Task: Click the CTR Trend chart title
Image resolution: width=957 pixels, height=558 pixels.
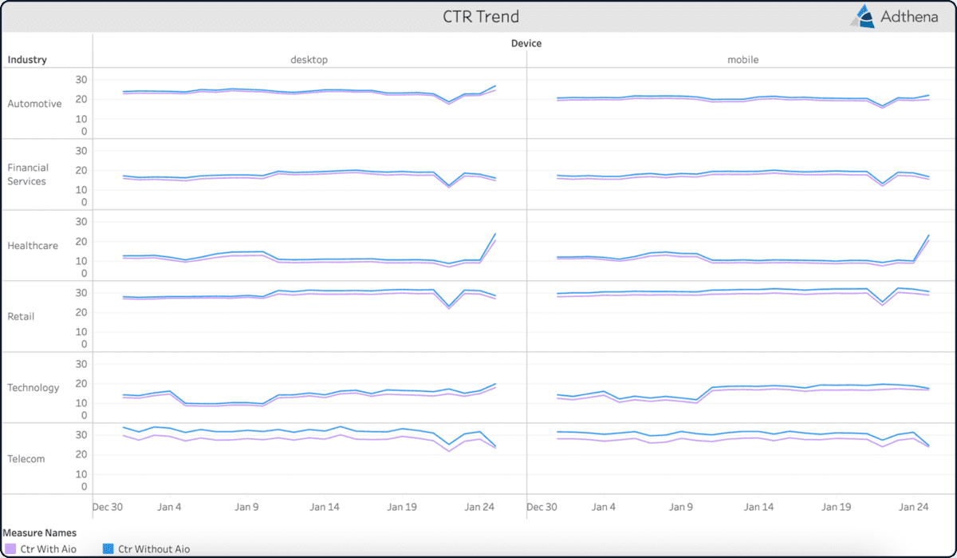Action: coord(481,17)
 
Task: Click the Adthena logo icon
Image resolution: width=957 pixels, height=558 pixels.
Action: coord(864,17)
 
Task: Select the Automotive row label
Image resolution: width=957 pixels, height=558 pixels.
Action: coord(34,104)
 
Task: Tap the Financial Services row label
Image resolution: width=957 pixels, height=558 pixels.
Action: coord(28,174)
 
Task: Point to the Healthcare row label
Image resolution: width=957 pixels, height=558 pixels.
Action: coord(33,246)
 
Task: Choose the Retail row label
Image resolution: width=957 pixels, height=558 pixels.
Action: coord(21,316)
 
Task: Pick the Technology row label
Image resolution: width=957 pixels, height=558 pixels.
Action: coord(33,387)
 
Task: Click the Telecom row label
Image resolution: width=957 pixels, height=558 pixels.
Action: coord(26,459)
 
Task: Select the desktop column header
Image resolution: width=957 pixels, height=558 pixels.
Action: coord(309,60)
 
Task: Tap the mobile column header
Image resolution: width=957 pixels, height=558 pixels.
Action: coord(742,60)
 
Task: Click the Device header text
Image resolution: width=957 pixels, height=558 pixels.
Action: coord(526,44)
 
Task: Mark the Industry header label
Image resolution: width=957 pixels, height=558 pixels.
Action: coord(27,60)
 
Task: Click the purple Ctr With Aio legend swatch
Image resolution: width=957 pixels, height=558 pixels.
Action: coord(10,549)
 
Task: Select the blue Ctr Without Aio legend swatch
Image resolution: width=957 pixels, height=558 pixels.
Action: coord(108,549)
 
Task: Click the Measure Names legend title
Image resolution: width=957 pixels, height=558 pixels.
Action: coord(39,532)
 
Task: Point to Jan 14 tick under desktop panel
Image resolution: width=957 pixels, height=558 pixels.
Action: coord(325,507)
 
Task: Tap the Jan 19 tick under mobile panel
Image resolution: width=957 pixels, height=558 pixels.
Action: coord(837,507)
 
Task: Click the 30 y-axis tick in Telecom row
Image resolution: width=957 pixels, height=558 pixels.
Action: coord(80,435)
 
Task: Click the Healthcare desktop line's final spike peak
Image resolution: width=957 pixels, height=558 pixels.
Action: coord(495,234)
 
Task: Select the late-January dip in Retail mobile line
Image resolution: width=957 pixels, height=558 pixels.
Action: coord(882,303)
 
